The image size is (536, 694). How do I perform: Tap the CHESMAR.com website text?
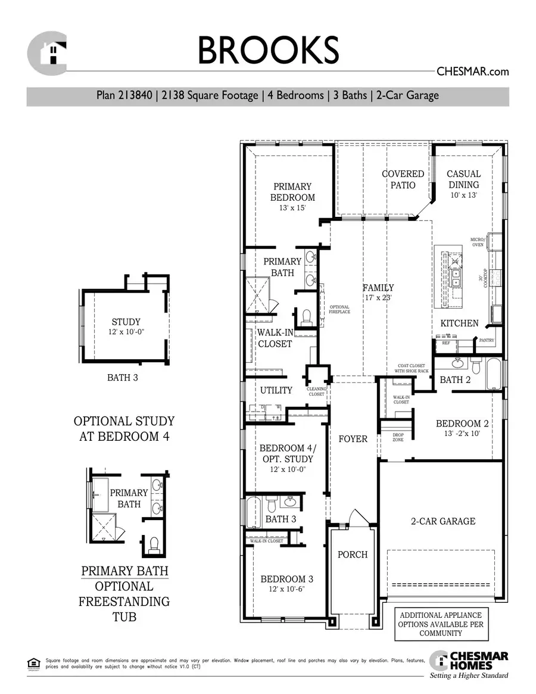point(473,71)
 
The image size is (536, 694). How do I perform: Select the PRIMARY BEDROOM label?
point(292,192)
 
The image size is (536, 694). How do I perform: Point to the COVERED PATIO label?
point(403,179)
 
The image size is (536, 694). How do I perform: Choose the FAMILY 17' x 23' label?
point(378,292)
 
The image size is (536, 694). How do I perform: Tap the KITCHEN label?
point(459,323)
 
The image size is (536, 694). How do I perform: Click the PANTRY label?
point(487,340)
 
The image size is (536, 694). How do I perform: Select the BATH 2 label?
point(455,379)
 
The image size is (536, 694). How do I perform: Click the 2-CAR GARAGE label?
point(444,521)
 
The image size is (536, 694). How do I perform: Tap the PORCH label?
point(353,555)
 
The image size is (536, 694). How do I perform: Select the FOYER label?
point(353,439)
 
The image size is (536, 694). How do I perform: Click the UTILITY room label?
point(276,390)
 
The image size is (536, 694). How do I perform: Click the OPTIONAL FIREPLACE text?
point(339,309)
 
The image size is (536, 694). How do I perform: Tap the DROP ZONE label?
point(398,437)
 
